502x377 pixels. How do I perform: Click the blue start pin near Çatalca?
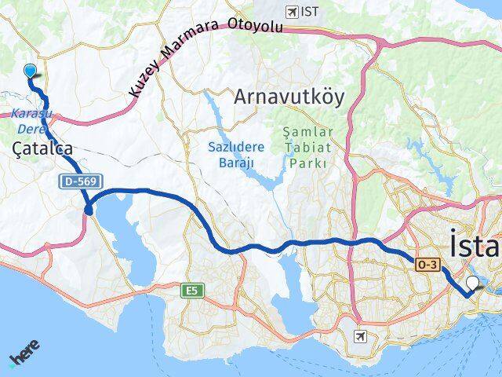click(x=31, y=71)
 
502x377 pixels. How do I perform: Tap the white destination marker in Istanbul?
click(x=472, y=284)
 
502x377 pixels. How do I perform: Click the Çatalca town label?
click(x=43, y=148)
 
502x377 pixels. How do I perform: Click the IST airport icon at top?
click(x=293, y=12)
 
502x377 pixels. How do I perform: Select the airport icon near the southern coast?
click(x=360, y=337)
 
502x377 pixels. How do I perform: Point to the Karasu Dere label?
click(x=31, y=119)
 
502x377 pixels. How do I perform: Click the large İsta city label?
click(x=475, y=245)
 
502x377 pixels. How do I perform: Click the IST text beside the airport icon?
click(x=311, y=12)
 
